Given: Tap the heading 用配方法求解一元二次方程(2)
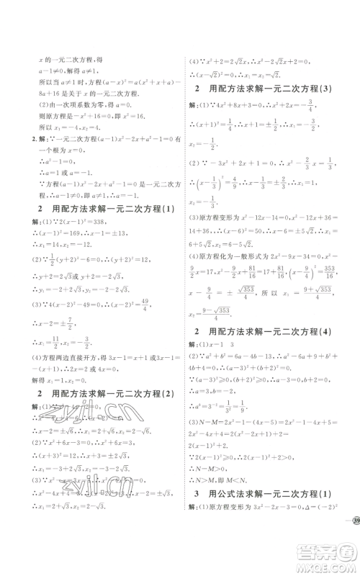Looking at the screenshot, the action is (x=96, y=394).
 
